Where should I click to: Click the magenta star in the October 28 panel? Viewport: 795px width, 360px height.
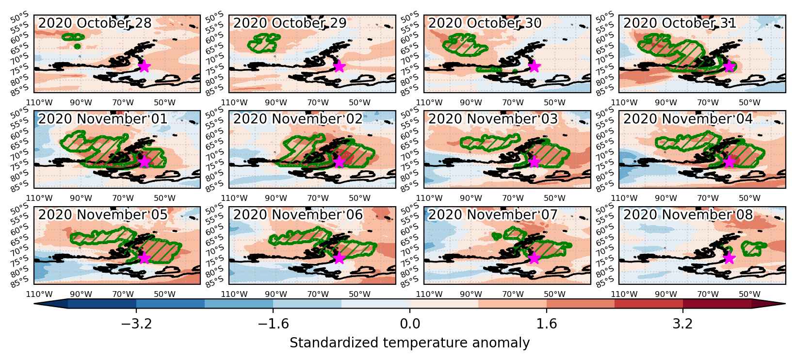click(x=144, y=66)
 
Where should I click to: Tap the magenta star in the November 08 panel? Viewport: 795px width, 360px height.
click(x=729, y=258)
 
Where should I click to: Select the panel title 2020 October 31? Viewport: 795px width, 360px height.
click(x=680, y=23)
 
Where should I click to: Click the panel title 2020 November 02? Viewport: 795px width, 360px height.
click(x=298, y=119)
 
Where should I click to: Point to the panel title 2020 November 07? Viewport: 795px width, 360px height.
click(x=493, y=215)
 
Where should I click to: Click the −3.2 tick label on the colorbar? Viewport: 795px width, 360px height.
click(x=136, y=324)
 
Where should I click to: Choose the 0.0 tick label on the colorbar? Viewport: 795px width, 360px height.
click(x=410, y=324)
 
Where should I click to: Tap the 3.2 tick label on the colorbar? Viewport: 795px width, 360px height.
click(x=682, y=324)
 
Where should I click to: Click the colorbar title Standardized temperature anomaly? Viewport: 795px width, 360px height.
click(x=409, y=343)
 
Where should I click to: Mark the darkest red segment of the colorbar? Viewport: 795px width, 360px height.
click(x=717, y=304)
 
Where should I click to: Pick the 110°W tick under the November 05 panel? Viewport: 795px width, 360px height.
click(x=39, y=294)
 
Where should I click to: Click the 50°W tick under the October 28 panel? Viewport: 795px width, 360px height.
click(x=165, y=102)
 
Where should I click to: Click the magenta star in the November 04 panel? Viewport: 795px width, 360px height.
click(x=729, y=162)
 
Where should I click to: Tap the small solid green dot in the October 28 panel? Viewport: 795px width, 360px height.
click(x=78, y=46)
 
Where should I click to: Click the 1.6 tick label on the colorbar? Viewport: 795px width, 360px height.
click(x=547, y=324)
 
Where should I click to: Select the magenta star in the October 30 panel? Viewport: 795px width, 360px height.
click(x=534, y=66)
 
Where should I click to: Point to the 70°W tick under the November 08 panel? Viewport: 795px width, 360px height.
click(x=708, y=294)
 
